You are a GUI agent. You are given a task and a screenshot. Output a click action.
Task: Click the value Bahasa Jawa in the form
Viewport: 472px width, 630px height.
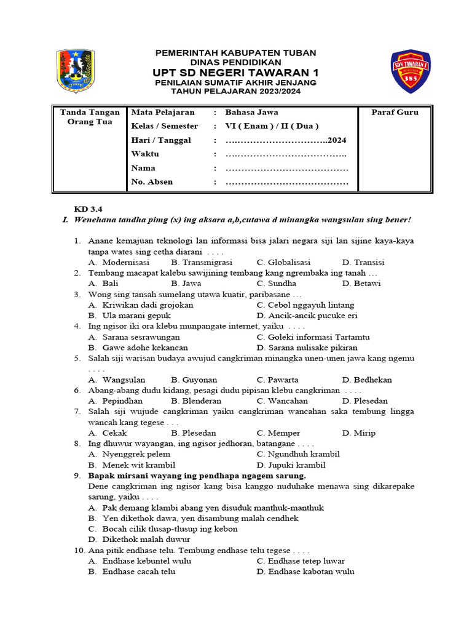[251, 113]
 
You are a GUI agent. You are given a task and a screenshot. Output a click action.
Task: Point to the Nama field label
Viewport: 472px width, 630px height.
[143, 168]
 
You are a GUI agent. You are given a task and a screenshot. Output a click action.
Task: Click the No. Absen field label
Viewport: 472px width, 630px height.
[152, 182]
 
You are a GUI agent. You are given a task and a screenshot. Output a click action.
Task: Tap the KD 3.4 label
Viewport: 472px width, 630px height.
[85, 209]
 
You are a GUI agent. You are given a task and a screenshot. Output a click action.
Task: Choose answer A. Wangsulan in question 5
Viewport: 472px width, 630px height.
[117, 380]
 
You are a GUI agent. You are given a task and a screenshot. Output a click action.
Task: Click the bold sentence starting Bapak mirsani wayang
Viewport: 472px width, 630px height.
[197, 476]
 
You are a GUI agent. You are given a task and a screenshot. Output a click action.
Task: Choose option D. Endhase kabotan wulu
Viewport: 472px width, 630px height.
[305, 572]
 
